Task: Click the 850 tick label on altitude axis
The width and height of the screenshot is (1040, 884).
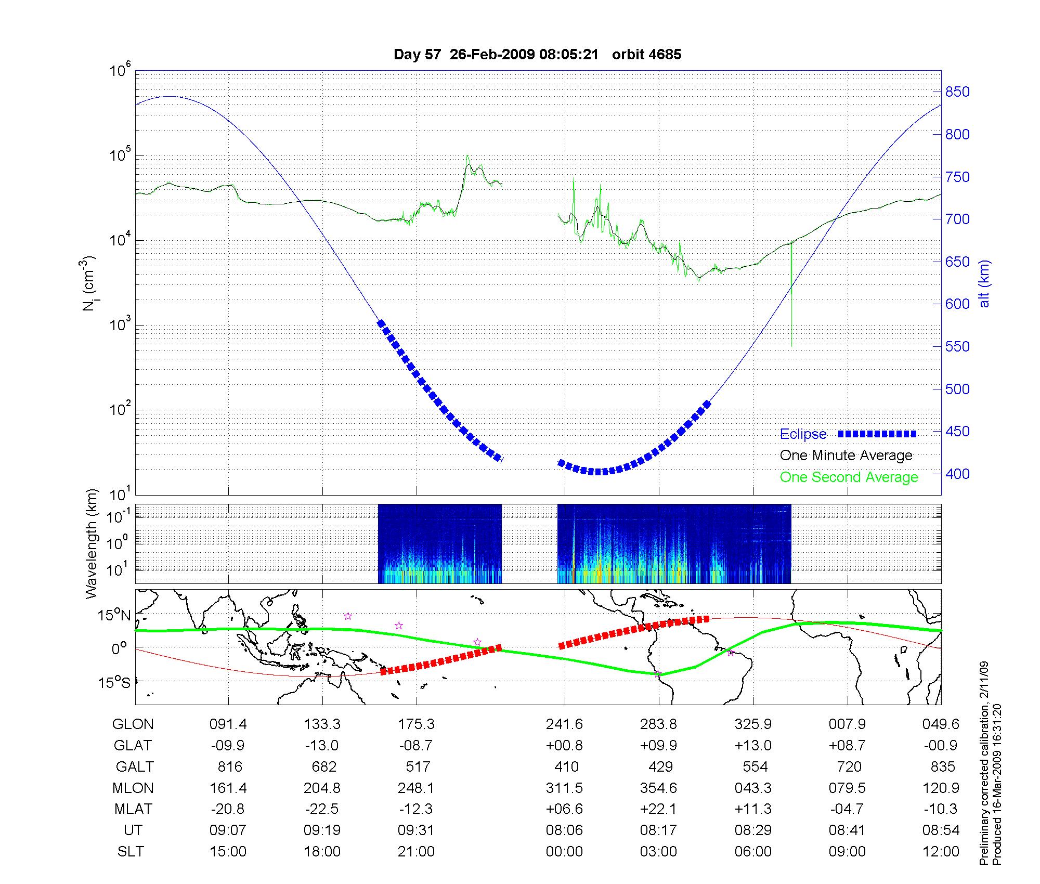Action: pos(957,92)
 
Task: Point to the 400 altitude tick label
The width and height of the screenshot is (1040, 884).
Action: pos(957,474)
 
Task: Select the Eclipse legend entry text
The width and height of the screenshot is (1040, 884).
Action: pos(803,434)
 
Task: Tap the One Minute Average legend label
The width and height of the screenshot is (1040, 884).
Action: pos(846,456)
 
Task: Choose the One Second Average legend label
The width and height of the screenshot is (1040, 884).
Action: pos(849,477)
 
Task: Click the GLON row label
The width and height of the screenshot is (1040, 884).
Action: pos(133,724)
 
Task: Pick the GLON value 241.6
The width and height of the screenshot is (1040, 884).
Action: pos(564,724)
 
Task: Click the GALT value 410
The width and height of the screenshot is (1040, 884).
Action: pos(566,766)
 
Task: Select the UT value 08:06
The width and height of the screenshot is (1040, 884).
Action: pos(564,830)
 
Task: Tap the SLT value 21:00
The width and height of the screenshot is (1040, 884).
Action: pos(416,852)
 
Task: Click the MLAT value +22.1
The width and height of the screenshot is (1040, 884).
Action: pos(658,809)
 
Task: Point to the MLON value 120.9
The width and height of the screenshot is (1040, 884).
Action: pos(941,788)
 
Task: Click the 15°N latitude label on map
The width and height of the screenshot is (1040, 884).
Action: pos(114,616)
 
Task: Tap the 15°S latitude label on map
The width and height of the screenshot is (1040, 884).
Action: pos(114,682)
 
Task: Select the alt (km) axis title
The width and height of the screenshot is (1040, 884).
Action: pos(984,283)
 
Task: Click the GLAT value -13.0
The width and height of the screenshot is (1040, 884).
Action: pos(322,745)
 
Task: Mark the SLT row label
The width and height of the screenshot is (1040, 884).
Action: pos(131,852)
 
